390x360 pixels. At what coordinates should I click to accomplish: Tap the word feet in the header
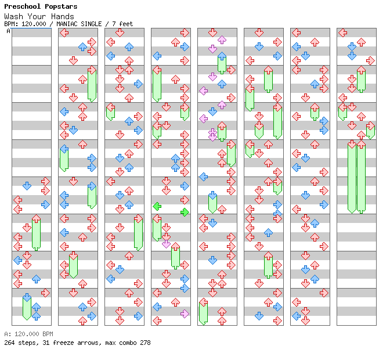[125, 24]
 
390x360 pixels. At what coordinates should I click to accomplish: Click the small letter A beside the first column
[8, 31]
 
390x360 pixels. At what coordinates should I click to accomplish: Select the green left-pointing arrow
[157, 206]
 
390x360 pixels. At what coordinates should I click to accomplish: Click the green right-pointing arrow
[185, 212]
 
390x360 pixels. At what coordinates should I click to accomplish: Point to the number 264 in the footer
[9, 343]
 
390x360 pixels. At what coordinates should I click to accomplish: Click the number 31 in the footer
[41, 343]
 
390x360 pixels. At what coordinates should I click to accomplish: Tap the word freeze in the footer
[60, 343]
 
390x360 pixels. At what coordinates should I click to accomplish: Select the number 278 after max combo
[145, 343]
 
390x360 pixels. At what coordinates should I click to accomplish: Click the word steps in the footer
[26, 343]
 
